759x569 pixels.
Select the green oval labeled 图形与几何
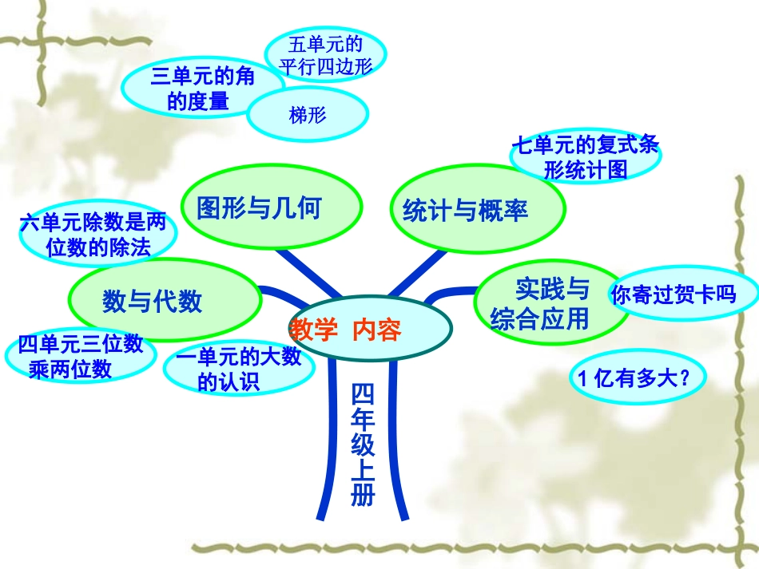coord(260,208)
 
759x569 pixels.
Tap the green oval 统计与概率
coord(465,210)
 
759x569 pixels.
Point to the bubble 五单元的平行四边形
coord(325,55)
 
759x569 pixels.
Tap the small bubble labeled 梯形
coord(308,116)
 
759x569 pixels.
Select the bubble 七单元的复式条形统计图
coord(585,156)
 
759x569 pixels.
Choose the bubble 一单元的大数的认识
coord(238,369)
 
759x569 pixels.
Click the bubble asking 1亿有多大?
coord(638,379)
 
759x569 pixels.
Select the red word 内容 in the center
coord(376,329)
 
